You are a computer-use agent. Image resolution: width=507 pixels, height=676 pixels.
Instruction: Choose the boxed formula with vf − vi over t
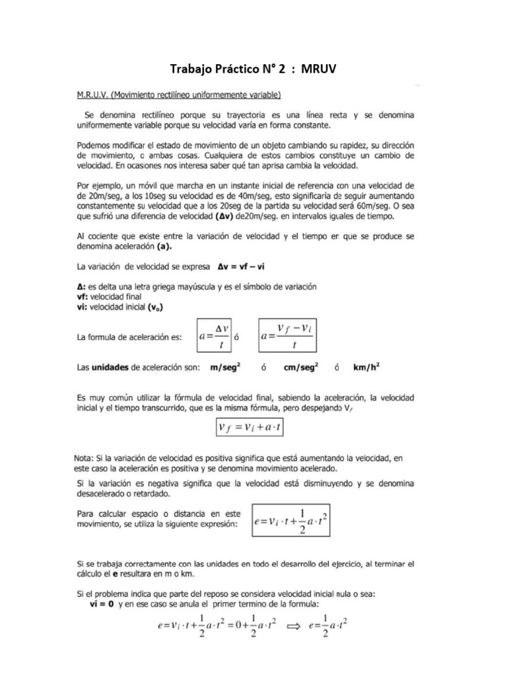[286, 336]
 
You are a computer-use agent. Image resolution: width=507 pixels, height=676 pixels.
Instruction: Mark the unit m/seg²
[224, 368]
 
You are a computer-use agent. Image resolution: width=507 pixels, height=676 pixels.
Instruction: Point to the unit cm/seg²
[300, 368]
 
